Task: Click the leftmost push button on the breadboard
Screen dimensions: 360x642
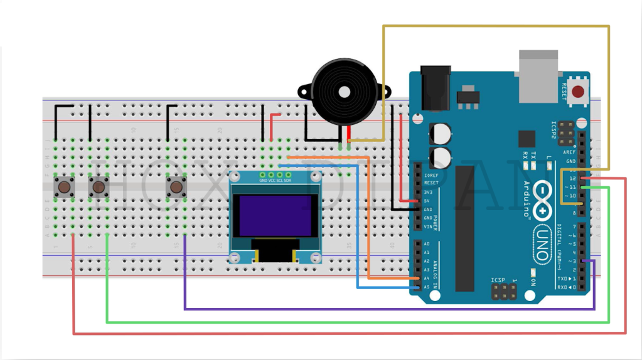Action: [64, 186]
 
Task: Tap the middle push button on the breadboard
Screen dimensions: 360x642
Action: [99, 186]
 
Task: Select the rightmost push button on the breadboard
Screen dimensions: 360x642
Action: [176, 186]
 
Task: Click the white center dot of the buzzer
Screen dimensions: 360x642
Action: [344, 92]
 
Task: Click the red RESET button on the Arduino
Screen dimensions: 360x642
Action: [578, 92]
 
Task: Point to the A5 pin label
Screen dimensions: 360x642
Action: [427, 287]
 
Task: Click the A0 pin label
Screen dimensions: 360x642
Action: [427, 243]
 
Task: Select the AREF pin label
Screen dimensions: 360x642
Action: [570, 152]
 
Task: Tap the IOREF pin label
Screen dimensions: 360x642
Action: [431, 175]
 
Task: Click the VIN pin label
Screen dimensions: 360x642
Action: [429, 226]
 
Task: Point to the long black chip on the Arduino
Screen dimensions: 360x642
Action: [465, 228]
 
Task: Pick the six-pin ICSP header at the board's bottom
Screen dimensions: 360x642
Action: [503, 290]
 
